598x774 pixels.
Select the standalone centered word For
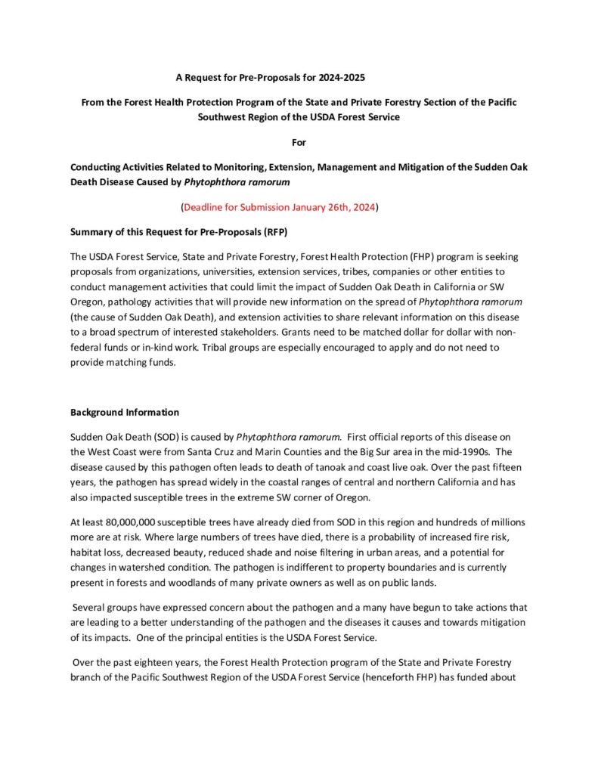pos(299,142)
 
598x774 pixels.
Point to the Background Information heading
pos(125,412)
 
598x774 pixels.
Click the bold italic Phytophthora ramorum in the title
pos(247,182)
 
